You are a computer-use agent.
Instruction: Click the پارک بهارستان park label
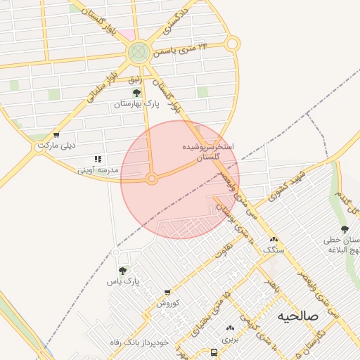137,104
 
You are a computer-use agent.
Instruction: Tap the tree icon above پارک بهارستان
136,93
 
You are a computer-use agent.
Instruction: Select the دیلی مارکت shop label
56,146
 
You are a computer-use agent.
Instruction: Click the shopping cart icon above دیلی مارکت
56,135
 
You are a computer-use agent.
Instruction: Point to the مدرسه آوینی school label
96,170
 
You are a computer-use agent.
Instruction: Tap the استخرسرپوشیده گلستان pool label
207,153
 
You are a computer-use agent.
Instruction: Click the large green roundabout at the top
139,51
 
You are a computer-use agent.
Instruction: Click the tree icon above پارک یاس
123,271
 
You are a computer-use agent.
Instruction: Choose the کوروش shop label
169,303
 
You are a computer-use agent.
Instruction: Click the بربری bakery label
230,338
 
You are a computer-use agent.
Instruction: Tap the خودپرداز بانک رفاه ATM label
139,342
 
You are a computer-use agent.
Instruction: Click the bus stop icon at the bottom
214,352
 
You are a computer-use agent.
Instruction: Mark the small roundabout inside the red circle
151,180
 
